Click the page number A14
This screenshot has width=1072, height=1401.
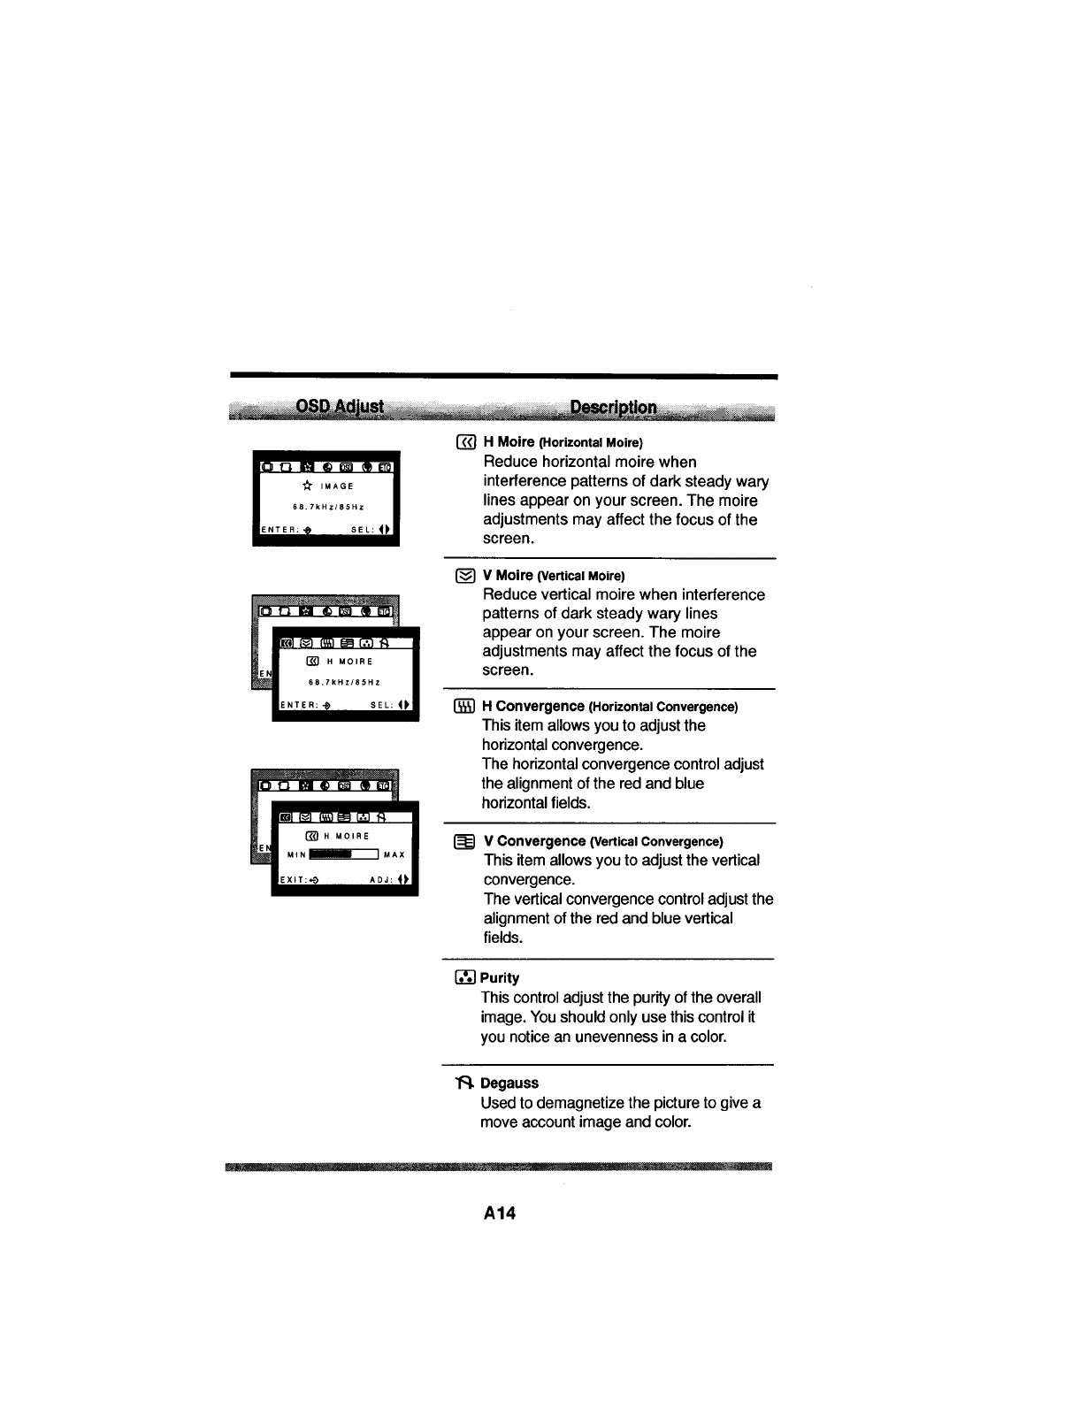[x=499, y=1213]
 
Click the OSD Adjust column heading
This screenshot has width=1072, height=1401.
[x=340, y=407]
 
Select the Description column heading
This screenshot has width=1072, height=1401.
[x=613, y=408]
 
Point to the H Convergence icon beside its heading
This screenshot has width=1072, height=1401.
[x=465, y=707]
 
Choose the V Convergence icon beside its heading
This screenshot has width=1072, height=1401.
[x=465, y=841]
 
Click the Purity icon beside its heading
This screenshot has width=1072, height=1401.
[x=465, y=977]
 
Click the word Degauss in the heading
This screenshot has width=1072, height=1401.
[x=509, y=1083]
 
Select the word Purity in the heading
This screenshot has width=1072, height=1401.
[x=500, y=977]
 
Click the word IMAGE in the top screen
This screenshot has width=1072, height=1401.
[x=337, y=486]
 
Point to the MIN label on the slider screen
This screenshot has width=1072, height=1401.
[x=296, y=855]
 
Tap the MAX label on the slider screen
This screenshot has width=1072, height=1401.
[x=394, y=855]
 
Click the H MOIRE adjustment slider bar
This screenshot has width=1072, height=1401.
[x=343, y=854]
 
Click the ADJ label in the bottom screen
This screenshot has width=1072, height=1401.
[x=381, y=880]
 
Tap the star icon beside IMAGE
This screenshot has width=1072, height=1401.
[x=307, y=486]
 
